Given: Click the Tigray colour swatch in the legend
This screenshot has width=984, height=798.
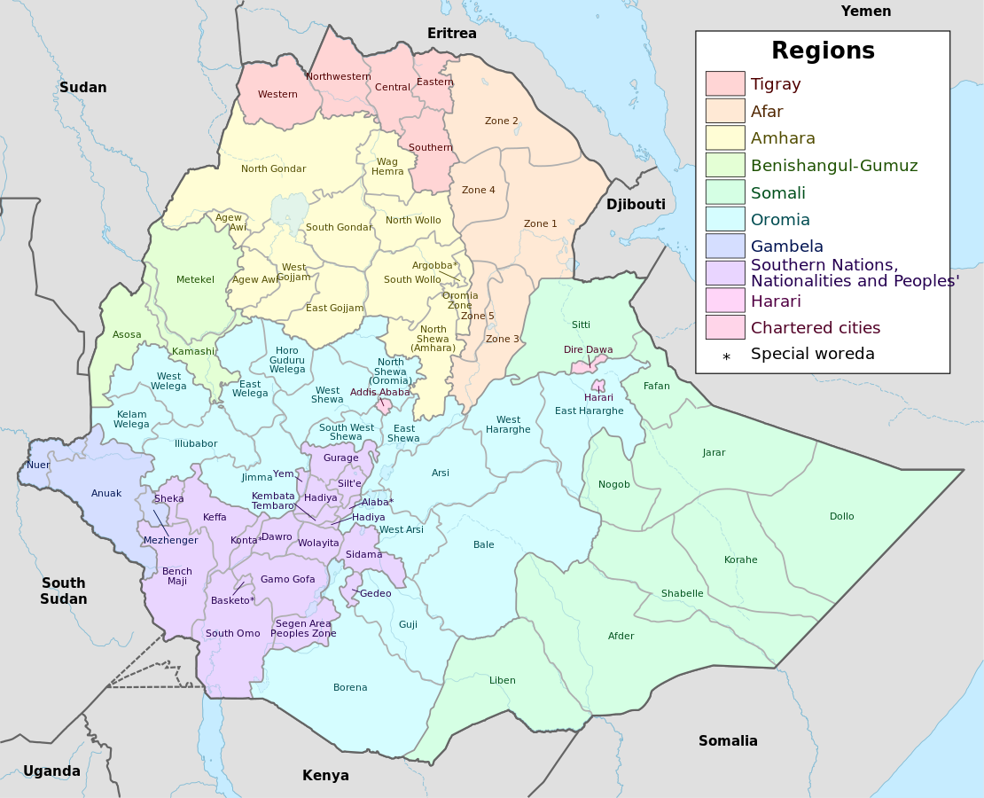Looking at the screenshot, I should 725,83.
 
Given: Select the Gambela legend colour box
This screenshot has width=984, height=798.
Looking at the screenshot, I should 725,246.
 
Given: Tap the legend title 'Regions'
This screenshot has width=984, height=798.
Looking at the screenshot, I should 822,51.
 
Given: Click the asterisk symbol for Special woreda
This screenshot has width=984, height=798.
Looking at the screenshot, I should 726,356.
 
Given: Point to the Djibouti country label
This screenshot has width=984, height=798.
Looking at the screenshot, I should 636,205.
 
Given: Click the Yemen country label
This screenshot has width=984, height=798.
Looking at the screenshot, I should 865,12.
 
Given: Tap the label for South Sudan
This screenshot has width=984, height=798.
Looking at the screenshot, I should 64,591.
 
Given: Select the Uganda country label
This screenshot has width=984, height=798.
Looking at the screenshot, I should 51,771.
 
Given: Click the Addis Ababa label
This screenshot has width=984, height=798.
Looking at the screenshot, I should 379,392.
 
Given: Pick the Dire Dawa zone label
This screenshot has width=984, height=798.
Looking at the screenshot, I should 588,349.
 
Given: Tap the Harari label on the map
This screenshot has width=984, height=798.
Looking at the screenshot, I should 598,397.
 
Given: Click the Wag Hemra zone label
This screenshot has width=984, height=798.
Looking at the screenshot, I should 387,167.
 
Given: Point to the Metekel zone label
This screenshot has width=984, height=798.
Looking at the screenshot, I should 195,279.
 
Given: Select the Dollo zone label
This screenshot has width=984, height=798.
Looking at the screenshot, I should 841,516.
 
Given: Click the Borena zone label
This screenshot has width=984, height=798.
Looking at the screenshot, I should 350,687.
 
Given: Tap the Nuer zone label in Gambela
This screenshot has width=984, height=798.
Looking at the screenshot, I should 38,465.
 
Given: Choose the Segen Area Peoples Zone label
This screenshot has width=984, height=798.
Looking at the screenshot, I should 303,629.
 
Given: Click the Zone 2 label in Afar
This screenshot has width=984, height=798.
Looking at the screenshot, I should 501,121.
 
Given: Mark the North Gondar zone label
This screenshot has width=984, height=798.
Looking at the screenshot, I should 273,168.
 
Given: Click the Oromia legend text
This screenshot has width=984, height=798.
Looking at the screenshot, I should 780,219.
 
